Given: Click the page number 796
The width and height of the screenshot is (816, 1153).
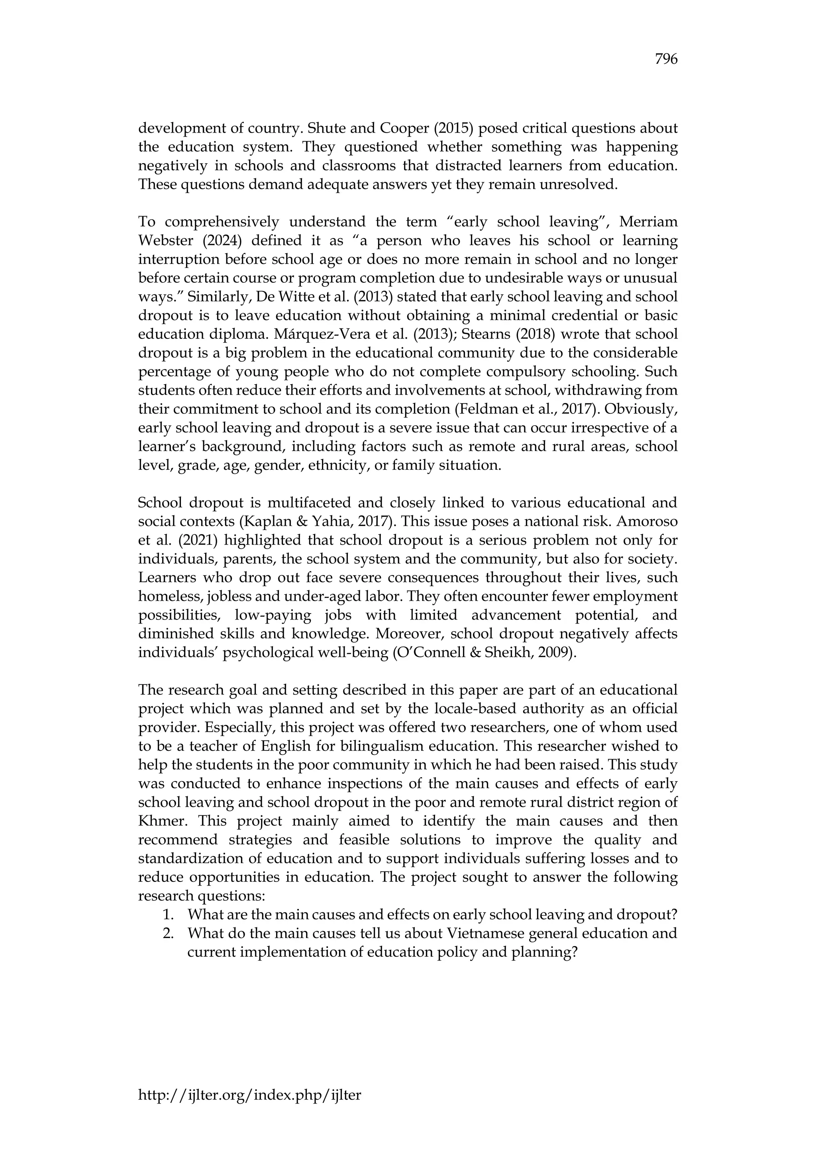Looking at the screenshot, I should click(666, 60).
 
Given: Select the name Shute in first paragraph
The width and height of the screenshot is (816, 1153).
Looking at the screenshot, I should click(323, 129).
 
